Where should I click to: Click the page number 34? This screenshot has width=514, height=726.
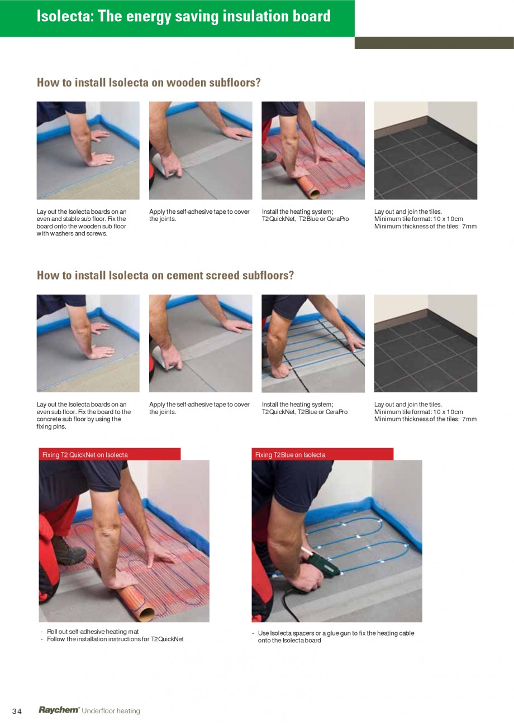pos(17,711)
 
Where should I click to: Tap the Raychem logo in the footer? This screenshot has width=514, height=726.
pos(59,710)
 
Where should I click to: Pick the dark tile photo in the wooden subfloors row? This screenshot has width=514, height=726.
pos(425,150)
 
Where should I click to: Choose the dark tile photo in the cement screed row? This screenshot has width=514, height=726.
pos(425,343)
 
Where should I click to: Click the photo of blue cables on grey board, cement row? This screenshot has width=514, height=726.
pos(313,343)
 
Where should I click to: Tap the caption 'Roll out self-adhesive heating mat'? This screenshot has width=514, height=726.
pos(93,632)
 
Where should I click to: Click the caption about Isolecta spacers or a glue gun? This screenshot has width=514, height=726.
pos(336,637)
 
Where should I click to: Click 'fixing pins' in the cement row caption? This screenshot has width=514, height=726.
pos(51,426)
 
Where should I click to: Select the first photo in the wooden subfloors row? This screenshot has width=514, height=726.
pos(88,150)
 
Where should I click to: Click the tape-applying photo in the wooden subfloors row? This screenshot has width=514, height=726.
pos(201,150)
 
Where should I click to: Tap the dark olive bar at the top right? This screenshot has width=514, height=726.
pos(434,43)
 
